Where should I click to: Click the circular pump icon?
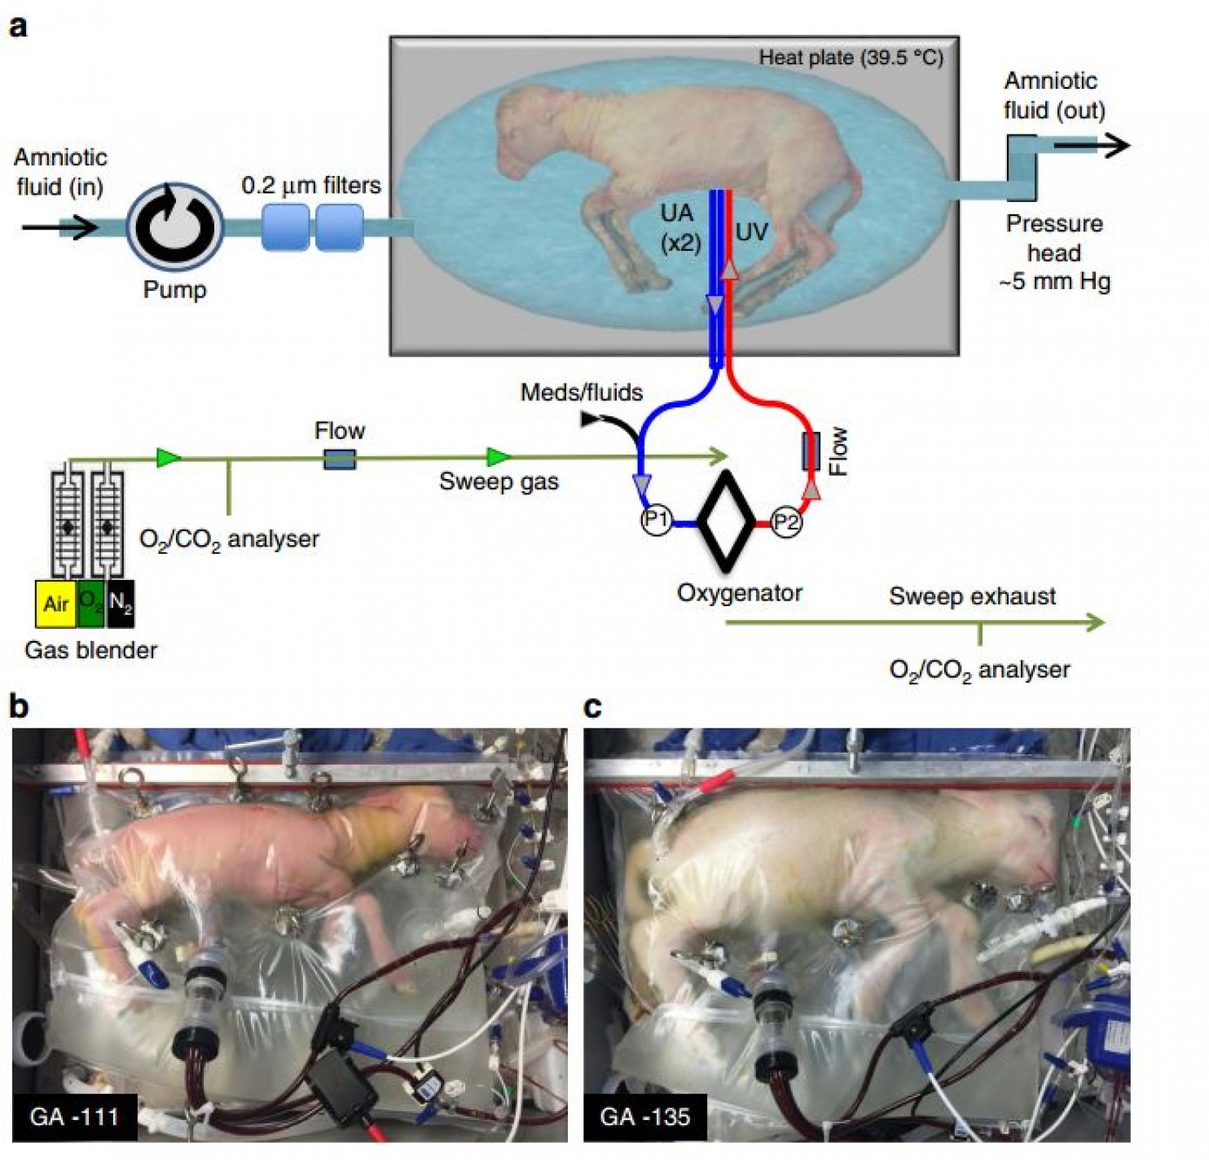(x=174, y=226)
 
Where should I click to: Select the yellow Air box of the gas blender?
(x=55, y=604)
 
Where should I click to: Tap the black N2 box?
(x=120, y=604)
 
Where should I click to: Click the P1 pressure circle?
(x=657, y=520)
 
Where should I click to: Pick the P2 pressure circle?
(x=785, y=521)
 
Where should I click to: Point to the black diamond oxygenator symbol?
(x=727, y=521)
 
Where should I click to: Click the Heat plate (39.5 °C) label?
(x=851, y=58)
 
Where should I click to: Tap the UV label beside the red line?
(x=751, y=232)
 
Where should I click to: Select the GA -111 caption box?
(x=74, y=1115)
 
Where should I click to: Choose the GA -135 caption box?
(x=644, y=1115)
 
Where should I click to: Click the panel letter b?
(x=18, y=706)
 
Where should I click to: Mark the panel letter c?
(x=592, y=707)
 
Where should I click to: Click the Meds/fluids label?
(x=581, y=393)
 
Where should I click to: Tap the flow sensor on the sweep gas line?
(x=340, y=459)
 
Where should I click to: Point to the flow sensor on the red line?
(x=811, y=450)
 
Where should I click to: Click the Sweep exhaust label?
(x=972, y=596)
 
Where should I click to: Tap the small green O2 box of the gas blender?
(x=90, y=604)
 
